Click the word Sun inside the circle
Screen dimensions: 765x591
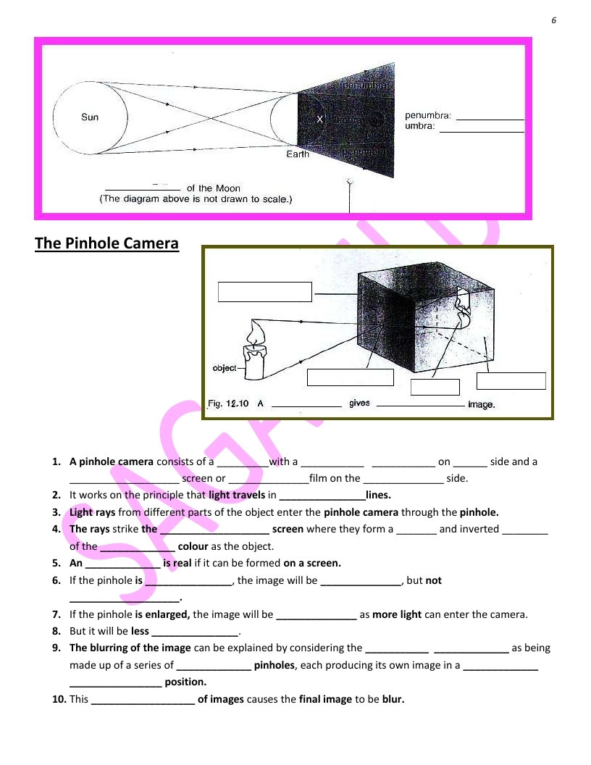click(90, 117)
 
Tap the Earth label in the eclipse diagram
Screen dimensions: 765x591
click(297, 154)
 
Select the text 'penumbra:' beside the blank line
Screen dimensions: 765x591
click(428, 116)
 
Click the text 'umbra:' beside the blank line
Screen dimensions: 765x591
click(420, 126)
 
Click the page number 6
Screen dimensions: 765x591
click(553, 20)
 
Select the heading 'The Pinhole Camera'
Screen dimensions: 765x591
click(106, 243)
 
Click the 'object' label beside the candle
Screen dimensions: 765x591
click(225, 368)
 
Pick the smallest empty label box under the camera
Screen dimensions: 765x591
click(435, 387)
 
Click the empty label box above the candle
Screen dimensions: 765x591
click(264, 292)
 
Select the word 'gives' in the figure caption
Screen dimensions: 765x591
click(359, 404)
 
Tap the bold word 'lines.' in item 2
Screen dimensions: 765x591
click(378, 496)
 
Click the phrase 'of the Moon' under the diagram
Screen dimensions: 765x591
click(213, 188)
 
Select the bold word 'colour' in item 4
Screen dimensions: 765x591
click(193, 546)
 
